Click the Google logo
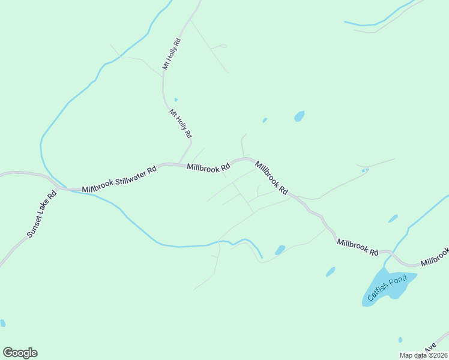click(x=20, y=353)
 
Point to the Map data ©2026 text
click(x=424, y=355)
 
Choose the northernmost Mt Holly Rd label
click(x=172, y=55)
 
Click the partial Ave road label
click(x=430, y=349)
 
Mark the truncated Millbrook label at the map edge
click(x=435, y=257)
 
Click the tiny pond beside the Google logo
click(x=3, y=323)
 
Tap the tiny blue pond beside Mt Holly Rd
click(x=176, y=100)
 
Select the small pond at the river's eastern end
click(x=280, y=250)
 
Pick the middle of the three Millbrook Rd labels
click(x=271, y=176)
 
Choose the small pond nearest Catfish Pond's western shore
click(x=330, y=272)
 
